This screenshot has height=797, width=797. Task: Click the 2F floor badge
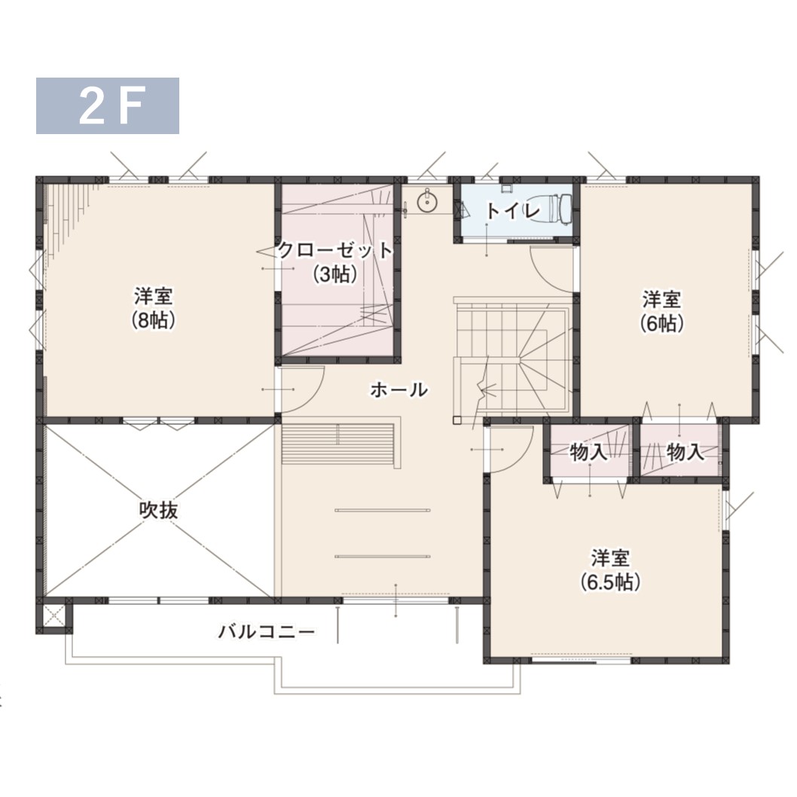pos(107,105)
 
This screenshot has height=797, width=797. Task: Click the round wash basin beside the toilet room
pos(426,202)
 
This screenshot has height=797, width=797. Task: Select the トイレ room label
pos(512,211)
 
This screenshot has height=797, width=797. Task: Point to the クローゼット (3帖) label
pos(335,261)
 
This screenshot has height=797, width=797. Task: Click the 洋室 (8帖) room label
pos(153,308)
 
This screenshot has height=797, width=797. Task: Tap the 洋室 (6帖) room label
pos(661,311)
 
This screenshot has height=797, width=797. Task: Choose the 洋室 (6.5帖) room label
pos(610,570)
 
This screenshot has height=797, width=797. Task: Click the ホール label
pos(399,390)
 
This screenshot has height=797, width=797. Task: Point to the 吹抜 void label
pos(159,510)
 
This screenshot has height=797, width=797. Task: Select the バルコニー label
pos(267,632)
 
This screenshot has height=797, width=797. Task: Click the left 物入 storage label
pos(588,451)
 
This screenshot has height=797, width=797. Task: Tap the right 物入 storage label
pos(686,451)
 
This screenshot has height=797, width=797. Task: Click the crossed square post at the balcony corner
pos(54,616)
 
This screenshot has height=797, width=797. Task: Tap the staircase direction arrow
pos(481,392)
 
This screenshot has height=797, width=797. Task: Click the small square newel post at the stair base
pos(457,420)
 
